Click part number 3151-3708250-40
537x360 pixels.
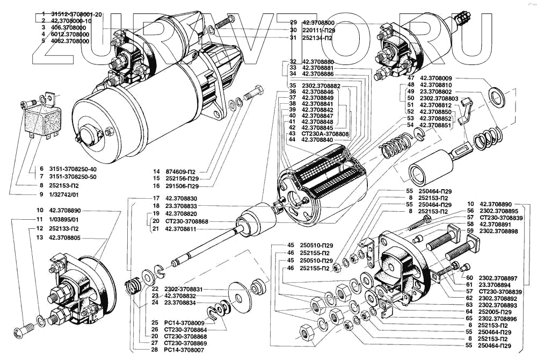tap(71, 168)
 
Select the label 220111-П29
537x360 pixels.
tap(319, 30)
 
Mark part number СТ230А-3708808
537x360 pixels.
tap(326, 133)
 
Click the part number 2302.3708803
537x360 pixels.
tap(439, 99)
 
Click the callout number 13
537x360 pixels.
tap(40, 237)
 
